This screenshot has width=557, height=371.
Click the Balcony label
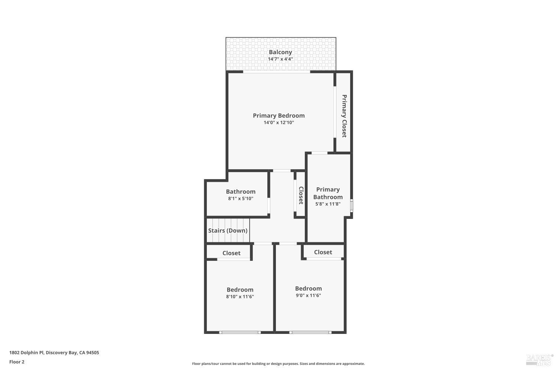pyautogui.click(x=280, y=52)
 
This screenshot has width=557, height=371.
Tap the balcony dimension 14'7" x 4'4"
pyautogui.click(x=280, y=59)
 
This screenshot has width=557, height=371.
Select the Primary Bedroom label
pyautogui.click(x=278, y=116)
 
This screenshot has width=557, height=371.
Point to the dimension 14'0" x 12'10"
pyautogui.click(x=278, y=122)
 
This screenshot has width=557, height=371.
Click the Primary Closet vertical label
pyautogui.click(x=344, y=116)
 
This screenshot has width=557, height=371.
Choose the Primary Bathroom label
pyautogui.click(x=328, y=193)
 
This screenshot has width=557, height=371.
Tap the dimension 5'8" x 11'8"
pyautogui.click(x=328, y=204)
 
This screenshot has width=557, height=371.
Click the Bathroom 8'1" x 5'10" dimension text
pyautogui.click(x=241, y=198)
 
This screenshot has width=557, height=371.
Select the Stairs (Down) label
pyautogui.click(x=228, y=230)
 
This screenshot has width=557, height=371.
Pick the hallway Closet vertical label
pyautogui.click(x=301, y=195)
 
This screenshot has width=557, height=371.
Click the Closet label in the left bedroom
pyautogui.click(x=231, y=253)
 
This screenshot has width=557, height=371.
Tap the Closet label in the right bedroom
pyautogui.click(x=323, y=252)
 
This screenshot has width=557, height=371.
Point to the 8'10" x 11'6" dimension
pyautogui.click(x=240, y=296)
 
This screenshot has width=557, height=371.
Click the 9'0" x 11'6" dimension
pyautogui.click(x=308, y=295)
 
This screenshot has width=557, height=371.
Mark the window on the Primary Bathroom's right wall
pyautogui.click(x=352, y=206)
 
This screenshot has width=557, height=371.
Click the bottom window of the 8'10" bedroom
pyautogui.click(x=240, y=332)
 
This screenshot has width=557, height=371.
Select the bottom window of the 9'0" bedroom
pyautogui.click(x=310, y=332)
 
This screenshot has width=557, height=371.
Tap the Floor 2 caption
pyautogui.click(x=17, y=362)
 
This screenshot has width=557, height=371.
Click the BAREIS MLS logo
pyautogui.click(x=539, y=359)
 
